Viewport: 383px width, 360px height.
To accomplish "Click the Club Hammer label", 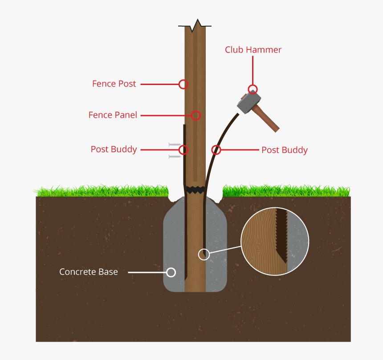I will click(253, 50).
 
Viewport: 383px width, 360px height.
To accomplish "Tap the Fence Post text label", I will click(114, 84).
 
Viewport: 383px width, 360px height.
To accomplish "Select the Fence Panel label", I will click(113, 115).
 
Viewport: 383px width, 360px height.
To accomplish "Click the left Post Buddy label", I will click(114, 149).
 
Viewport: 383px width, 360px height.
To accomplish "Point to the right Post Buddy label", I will click(284, 150).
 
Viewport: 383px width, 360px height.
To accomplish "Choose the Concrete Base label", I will click(89, 272).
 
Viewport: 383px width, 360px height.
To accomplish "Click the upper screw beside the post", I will click(175, 145).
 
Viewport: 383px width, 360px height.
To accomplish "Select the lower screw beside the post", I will click(175, 157).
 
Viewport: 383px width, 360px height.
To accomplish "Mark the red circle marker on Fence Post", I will click(183, 84).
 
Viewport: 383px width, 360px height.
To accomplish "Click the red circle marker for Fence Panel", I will click(196, 115).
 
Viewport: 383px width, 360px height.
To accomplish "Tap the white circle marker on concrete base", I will click(171, 272).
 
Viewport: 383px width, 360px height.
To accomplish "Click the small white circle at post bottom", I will click(204, 254).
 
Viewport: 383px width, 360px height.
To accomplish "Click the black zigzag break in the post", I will click(196, 190).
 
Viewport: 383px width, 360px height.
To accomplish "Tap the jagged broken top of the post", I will click(195, 26).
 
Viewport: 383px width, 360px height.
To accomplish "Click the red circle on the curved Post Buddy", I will click(216, 150).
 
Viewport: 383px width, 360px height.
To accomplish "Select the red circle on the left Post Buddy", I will click(183, 150).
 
